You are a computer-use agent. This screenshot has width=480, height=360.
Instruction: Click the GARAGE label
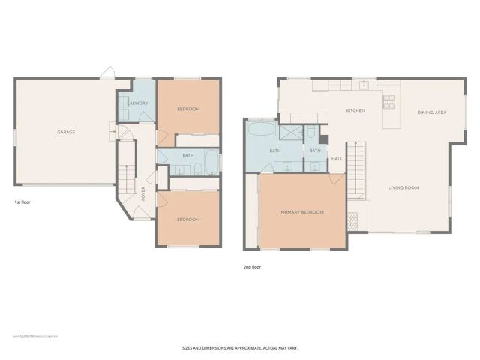click(66, 132)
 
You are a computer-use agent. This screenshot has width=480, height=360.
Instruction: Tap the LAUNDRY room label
click(136, 103)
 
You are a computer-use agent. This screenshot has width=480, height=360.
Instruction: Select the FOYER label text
click(143, 194)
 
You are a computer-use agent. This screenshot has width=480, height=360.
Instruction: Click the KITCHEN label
click(355, 111)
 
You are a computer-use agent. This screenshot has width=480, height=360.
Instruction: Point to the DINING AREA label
click(432, 112)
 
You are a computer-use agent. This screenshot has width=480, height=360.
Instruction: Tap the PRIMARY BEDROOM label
click(302, 212)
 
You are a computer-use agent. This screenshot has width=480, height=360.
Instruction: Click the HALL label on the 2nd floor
click(337, 158)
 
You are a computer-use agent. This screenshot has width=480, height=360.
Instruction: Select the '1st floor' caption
click(22, 202)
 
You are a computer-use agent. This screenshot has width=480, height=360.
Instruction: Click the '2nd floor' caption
click(252, 266)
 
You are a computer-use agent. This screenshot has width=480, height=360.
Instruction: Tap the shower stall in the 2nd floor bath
click(289, 132)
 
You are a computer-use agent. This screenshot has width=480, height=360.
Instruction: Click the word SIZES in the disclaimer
click(190, 347)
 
